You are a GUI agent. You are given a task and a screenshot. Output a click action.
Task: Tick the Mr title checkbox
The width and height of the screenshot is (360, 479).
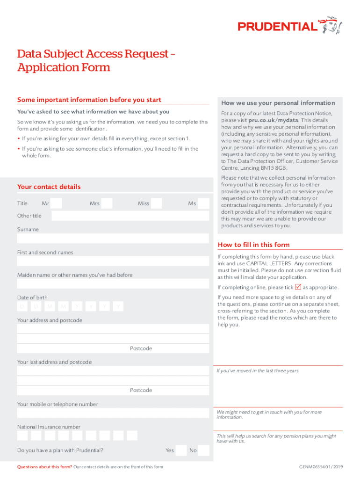tap(56, 203)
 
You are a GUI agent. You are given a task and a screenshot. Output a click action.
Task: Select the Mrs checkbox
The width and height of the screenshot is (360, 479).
tap(107, 203)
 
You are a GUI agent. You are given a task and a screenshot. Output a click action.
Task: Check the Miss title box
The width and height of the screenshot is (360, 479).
tap(157, 203)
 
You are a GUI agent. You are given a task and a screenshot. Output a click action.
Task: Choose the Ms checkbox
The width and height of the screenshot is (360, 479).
tap(203, 203)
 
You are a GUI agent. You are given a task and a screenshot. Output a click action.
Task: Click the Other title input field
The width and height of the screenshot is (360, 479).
tap(130, 216)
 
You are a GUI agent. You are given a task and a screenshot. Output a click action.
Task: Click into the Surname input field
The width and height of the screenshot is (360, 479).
tap(113, 239)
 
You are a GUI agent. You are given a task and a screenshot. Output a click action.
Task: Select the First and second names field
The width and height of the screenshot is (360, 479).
tap(113, 261)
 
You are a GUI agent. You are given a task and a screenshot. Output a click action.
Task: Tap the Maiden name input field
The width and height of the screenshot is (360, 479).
tap(113, 284)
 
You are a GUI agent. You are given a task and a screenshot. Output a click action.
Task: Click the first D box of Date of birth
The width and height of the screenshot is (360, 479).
tap(22, 306)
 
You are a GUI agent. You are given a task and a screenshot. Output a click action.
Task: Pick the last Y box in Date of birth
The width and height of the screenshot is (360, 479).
tap(119, 306)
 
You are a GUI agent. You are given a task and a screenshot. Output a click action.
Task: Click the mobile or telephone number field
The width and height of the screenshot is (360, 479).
tap(113, 413)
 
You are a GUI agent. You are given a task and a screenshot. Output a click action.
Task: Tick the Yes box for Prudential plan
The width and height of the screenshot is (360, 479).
tap(181, 450)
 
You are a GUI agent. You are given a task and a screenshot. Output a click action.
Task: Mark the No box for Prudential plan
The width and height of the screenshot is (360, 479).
tap(203, 450)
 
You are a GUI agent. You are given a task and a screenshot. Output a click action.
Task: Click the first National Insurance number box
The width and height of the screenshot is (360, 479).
tap(22, 435)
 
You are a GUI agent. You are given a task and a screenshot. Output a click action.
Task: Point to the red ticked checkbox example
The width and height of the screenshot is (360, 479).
tap(298, 287)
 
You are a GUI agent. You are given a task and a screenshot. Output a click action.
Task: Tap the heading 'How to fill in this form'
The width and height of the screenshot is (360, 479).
tap(253, 245)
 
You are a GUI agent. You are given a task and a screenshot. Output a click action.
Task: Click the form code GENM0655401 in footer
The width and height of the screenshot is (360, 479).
tap(321, 467)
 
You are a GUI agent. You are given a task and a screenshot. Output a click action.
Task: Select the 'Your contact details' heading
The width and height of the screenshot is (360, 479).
tap(49, 187)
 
